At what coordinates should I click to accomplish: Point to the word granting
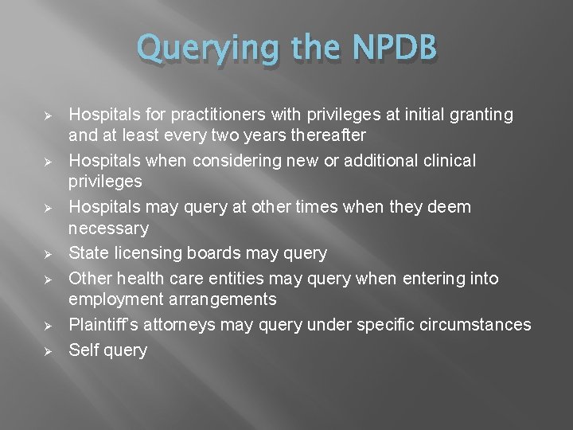[481, 115]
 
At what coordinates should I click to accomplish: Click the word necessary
[109, 229]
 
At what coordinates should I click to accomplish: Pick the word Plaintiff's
[104, 325]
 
